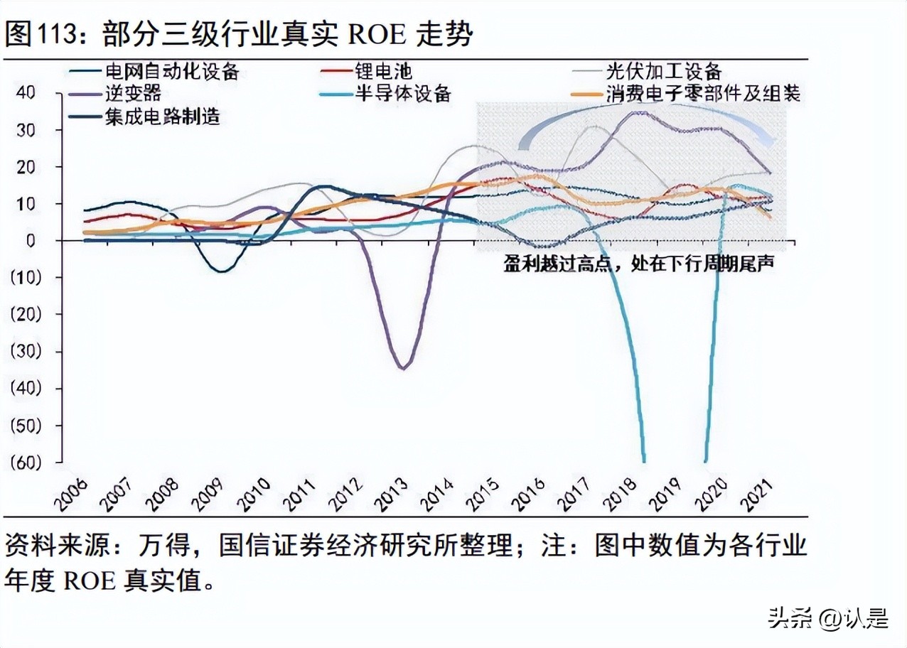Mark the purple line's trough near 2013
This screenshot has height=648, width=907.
[x=403, y=367]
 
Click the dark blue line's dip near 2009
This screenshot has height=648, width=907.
[x=222, y=271]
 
